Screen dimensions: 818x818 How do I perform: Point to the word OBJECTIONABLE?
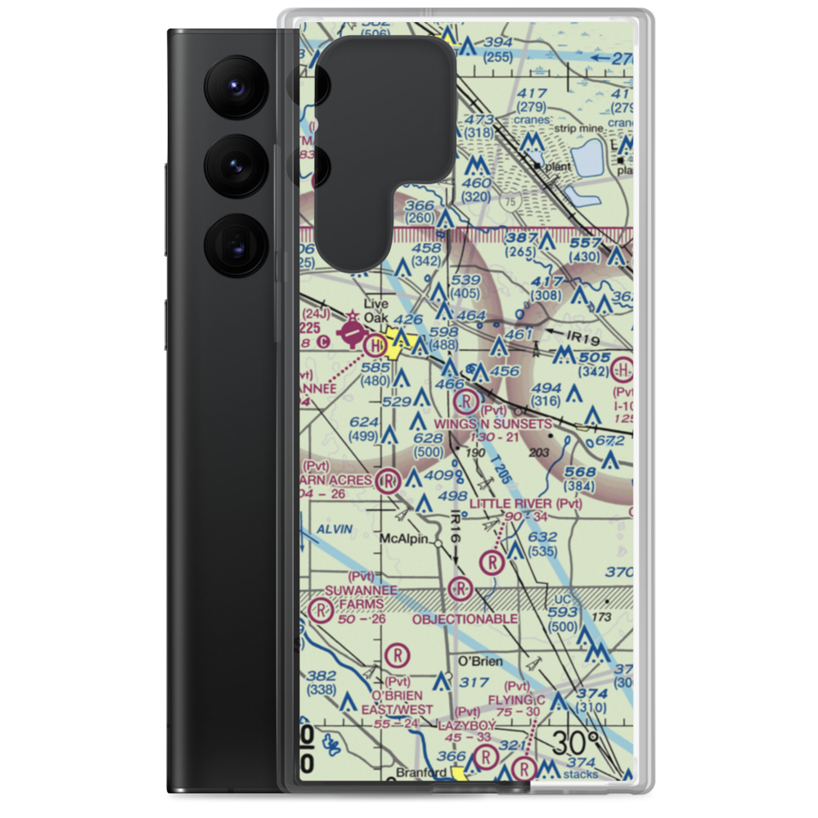pos(465,619)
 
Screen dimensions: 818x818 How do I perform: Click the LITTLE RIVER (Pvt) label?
pos(525,503)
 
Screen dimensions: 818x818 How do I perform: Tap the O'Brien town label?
pos(480,661)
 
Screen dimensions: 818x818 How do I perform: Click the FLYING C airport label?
pos(516,700)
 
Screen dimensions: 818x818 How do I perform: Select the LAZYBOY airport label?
pos(466,726)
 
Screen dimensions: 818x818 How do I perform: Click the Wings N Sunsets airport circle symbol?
pos(465,402)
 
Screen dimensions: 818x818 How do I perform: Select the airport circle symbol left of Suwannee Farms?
pos(321,609)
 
